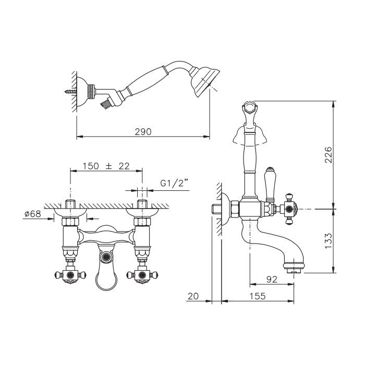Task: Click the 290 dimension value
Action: click(x=143, y=132)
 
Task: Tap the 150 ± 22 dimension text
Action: click(x=106, y=166)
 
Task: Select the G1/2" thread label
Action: click(x=174, y=183)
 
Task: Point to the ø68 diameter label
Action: click(x=33, y=213)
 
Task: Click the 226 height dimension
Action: click(x=328, y=155)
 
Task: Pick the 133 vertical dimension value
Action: click(x=328, y=241)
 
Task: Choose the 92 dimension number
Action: click(x=272, y=279)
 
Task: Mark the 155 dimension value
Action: click(x=258, y=296)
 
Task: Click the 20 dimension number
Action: click(x=193, y=296)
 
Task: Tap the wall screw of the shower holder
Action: click(x=70, y=91)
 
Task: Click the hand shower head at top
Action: click(x=204, y=81)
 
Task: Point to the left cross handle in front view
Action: click(x=70, y=275)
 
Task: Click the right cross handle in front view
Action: click(x=142, y=275)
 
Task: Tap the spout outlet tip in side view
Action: click(x=294, y=271)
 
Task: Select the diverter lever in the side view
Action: click(x=270, y=185)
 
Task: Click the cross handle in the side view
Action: click(x=289, y=209)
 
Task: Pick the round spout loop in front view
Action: click(x=106, y=281)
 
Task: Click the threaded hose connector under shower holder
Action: click(x=106, y=103)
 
